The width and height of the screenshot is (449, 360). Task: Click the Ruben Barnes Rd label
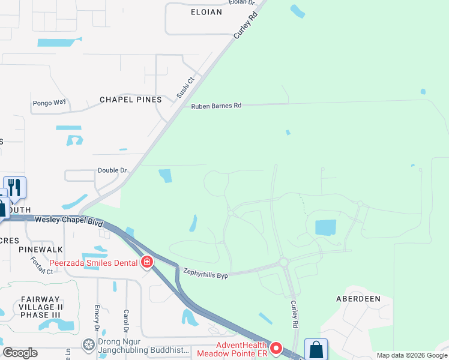point(216,106)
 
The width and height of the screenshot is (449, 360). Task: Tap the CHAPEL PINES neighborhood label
point(130,100)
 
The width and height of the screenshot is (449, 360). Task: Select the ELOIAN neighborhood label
point(206,11)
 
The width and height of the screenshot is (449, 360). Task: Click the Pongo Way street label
point(49,103)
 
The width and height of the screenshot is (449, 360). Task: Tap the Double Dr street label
point(112,171)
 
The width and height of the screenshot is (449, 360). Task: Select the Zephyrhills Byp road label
point(206,271)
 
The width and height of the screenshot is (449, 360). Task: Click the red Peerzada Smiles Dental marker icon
point(147,262)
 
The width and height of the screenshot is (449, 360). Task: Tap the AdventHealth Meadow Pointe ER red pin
point(276,347)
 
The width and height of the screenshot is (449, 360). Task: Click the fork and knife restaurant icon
point(14,187)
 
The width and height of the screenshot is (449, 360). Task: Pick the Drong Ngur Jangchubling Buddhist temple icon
point(89,344)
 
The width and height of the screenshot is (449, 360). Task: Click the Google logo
point(20,353)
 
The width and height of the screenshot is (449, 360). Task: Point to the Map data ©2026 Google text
point(411,355)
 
